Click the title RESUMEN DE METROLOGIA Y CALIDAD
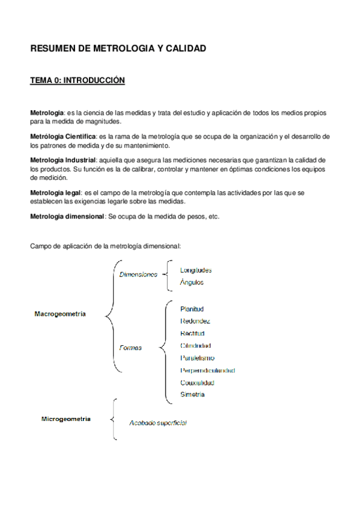coord(118,49)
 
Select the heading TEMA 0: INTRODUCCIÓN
coord(78,81)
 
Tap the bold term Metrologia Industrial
coord(63,160)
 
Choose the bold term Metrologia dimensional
coord(67,216)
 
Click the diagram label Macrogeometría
coord(60,314)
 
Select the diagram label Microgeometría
coord(66,419)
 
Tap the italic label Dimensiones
coord(138,274)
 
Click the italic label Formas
coord(131,348)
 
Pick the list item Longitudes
coord(196,270)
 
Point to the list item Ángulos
coord(192,282)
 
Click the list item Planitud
coord(192,309)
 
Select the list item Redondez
coord(195,321)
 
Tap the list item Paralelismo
coord(197,358)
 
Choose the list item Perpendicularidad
coord(207,370)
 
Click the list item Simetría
coord(192,395)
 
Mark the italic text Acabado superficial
coord(158,423)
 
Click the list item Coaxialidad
coord(197,382)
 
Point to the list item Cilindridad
coord(195,346)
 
